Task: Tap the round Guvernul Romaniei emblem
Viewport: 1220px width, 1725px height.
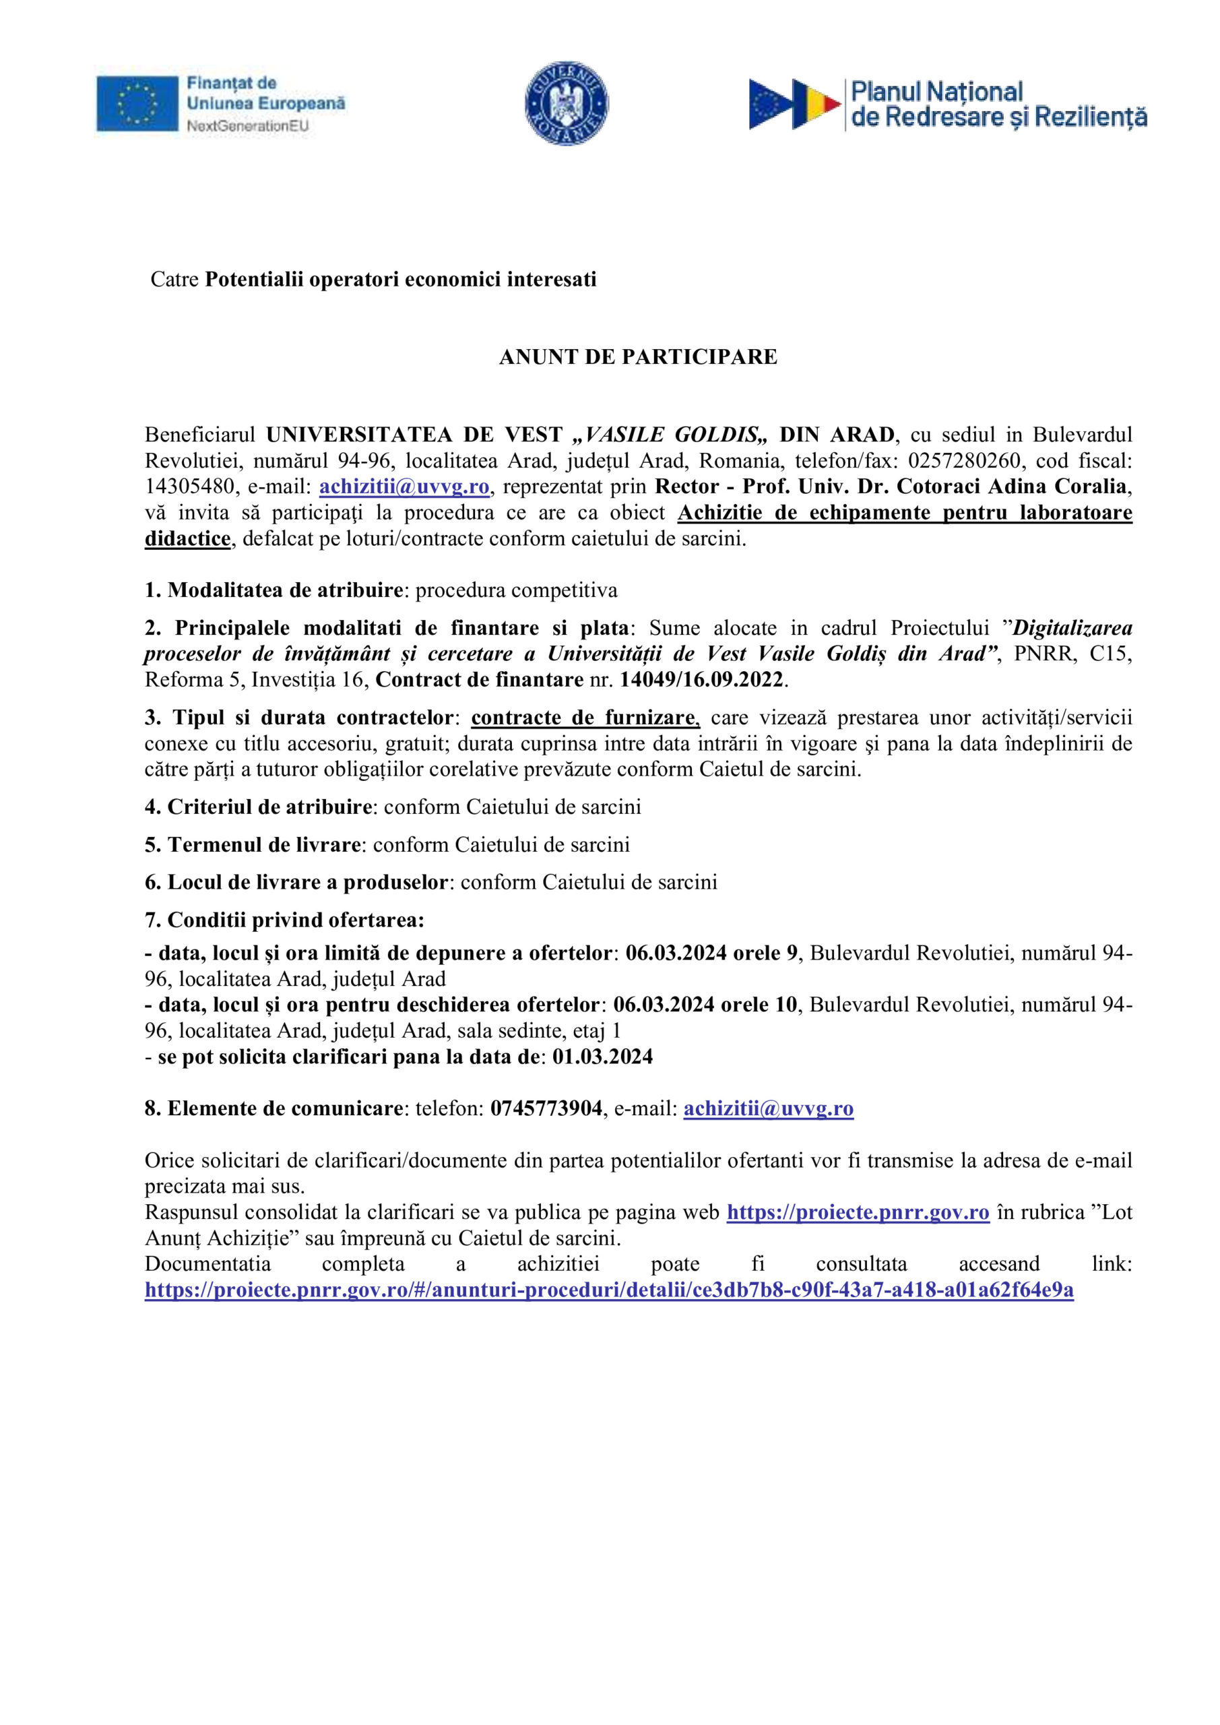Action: pyautogui.click(x=567, y=104)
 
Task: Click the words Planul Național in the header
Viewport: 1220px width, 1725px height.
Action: pyautogui.click(x=936, y=92)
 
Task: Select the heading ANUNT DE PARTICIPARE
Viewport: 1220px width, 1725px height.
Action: pyautogui.click(x=638, y=358)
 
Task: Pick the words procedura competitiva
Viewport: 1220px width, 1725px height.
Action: pyautogui.click(x=516, y=590)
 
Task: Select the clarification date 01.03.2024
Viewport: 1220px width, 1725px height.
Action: pyautogui.click(x=602, y=1057)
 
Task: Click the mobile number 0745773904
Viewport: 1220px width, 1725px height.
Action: pyautogui.click(x=546, y=1109)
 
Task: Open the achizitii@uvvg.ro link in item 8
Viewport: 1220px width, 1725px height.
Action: pyautogui.click(x=769, y=1109)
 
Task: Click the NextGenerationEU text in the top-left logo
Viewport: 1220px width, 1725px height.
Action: pyautogui.click(x=247, y=126)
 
